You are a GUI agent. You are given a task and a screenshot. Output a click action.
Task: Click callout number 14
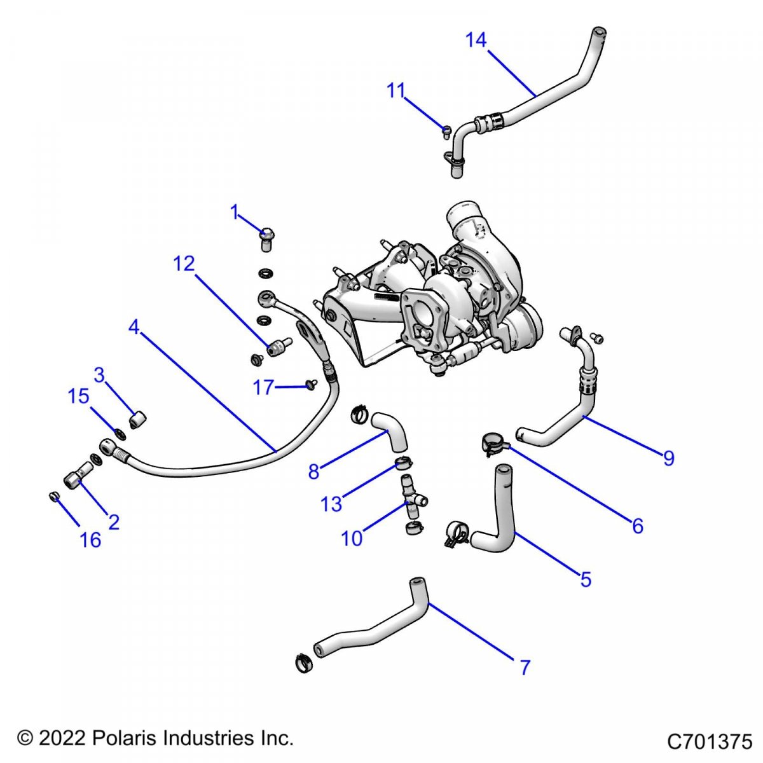pyautogui.click(x=476, y=40)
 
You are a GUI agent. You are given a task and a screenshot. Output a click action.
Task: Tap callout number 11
pyautogui.click(x=396, y=91)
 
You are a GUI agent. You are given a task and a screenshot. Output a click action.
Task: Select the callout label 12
pyautogui.click(x=184, y=263)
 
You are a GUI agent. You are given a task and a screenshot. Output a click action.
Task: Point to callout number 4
pyautogui.click(x=134, y=327)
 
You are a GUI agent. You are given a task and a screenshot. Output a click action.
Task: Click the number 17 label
pyautogui.click(x=263, y=387)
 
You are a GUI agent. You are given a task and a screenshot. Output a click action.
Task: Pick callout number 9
pyautogui.click(x=668, y=458)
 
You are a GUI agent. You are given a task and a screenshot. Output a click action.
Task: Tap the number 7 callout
pyautogui.click(x=525, y=668)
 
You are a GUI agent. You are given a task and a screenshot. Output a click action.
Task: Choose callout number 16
pyautogui.click(x=90, y=540)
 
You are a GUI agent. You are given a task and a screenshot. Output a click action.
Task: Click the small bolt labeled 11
pyautogui.click(x=447, y=132)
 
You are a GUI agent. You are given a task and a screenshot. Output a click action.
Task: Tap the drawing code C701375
pyautogui.click(x=709, y=742)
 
